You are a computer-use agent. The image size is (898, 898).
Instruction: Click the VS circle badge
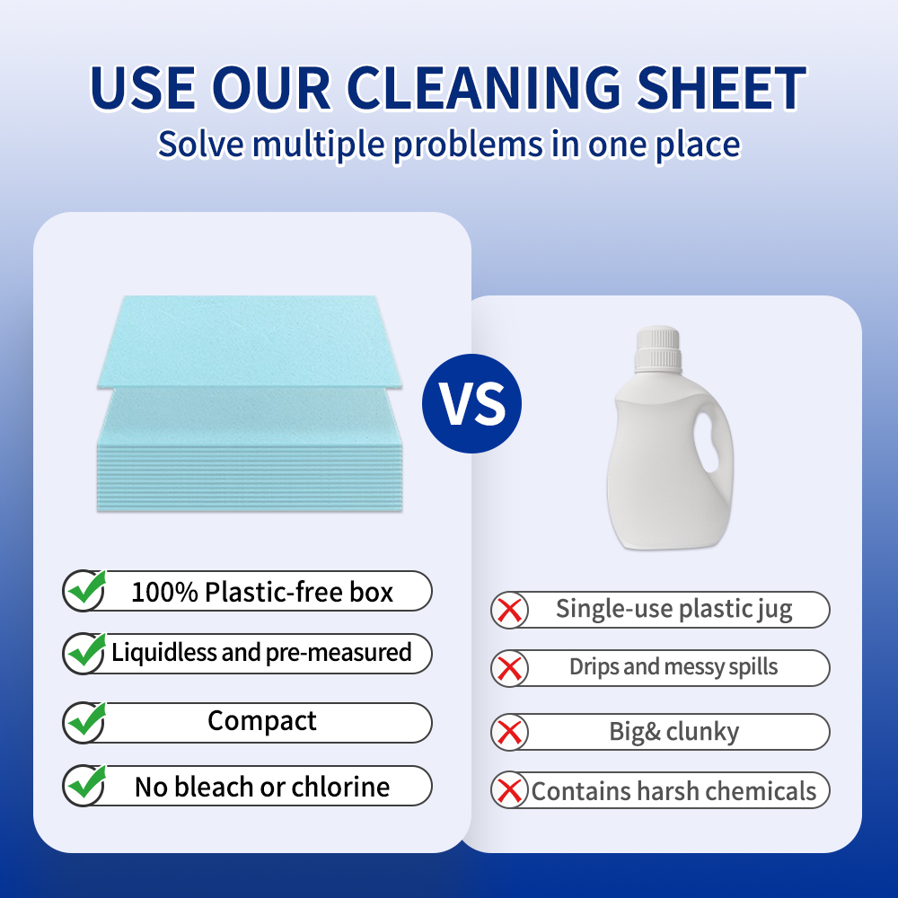(472, 404)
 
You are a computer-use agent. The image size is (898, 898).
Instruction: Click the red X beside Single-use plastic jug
(510, 610)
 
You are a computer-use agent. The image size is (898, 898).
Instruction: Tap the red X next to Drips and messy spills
(510, 668)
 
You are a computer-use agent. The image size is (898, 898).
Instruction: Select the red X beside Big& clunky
(510, 732)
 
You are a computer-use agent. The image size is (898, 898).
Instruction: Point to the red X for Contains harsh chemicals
(510, 791)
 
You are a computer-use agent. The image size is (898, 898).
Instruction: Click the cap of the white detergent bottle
(658, 348)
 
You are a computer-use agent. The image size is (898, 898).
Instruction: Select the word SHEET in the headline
(722, 88)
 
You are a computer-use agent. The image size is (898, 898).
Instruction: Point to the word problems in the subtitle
(468, 145)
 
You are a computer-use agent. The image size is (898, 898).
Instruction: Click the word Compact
(261, 721)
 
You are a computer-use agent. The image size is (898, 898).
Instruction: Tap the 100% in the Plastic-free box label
(165, 592)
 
